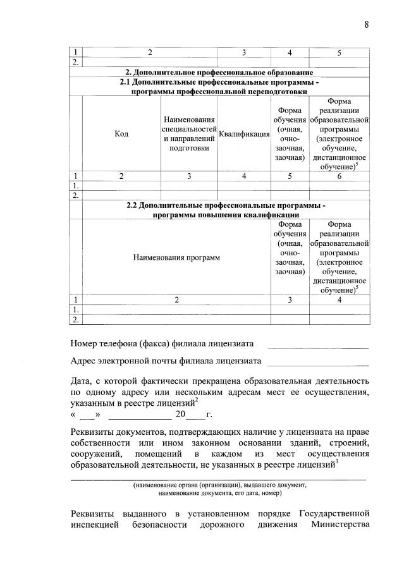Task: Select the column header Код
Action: coord(121,134)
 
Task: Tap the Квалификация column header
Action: coord(244,134)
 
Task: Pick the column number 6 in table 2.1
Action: coord(340,176)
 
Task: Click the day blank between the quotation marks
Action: coord(89,416)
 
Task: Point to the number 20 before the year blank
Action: coord(181,415)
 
